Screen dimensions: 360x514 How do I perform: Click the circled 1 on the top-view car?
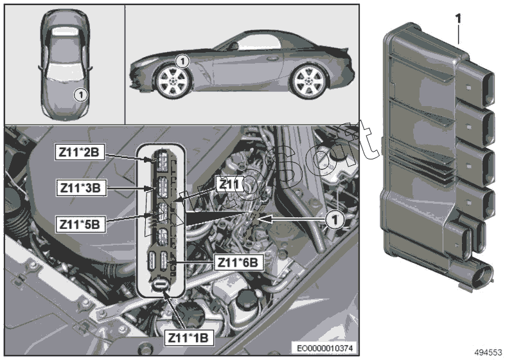tap(79, 94)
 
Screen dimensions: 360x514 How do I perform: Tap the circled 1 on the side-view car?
tap(182, 62)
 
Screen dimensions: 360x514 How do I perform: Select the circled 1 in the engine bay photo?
tap(333, 220)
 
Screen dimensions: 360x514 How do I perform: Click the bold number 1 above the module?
tap(459, 19)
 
